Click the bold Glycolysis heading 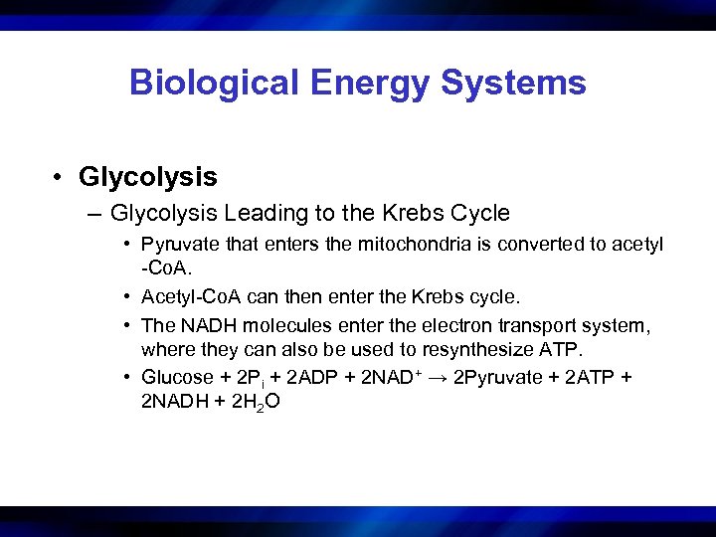tap(148, 177)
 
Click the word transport tap(529, 324)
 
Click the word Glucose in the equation tap(178, 377)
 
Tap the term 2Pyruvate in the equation tap(497, 377)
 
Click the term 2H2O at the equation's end tap(254, 404)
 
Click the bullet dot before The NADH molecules tap(129, 325)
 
